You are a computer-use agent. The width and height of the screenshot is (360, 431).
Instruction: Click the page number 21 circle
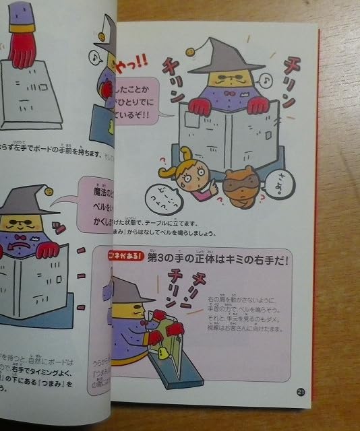tap(301, 393)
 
